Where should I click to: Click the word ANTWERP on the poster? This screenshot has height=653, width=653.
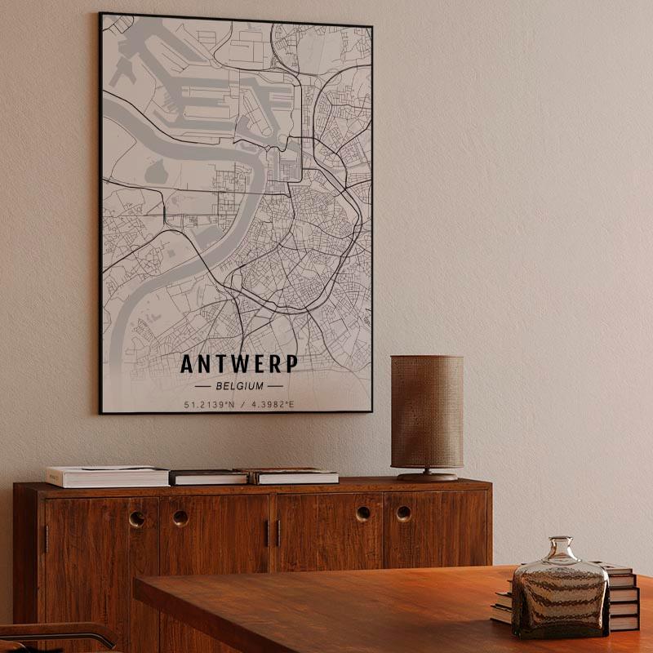point(238,363)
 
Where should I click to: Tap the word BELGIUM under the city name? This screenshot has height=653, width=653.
point(238,386)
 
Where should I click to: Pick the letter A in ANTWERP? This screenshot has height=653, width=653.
point(187,363)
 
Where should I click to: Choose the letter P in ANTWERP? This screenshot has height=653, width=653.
point(291,363)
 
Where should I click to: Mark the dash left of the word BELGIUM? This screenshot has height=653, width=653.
point(202,386)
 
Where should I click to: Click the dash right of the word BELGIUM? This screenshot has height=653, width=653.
point(275,386)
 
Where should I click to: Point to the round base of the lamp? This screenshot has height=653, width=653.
point(427,475)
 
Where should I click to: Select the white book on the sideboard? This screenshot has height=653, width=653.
point(107,476)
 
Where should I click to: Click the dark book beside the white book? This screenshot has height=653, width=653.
point(208,477)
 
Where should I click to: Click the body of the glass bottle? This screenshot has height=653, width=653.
point(560,600)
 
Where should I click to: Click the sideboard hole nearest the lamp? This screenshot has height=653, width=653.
point(404,513)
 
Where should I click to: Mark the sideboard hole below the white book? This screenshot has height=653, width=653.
point(137,518)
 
